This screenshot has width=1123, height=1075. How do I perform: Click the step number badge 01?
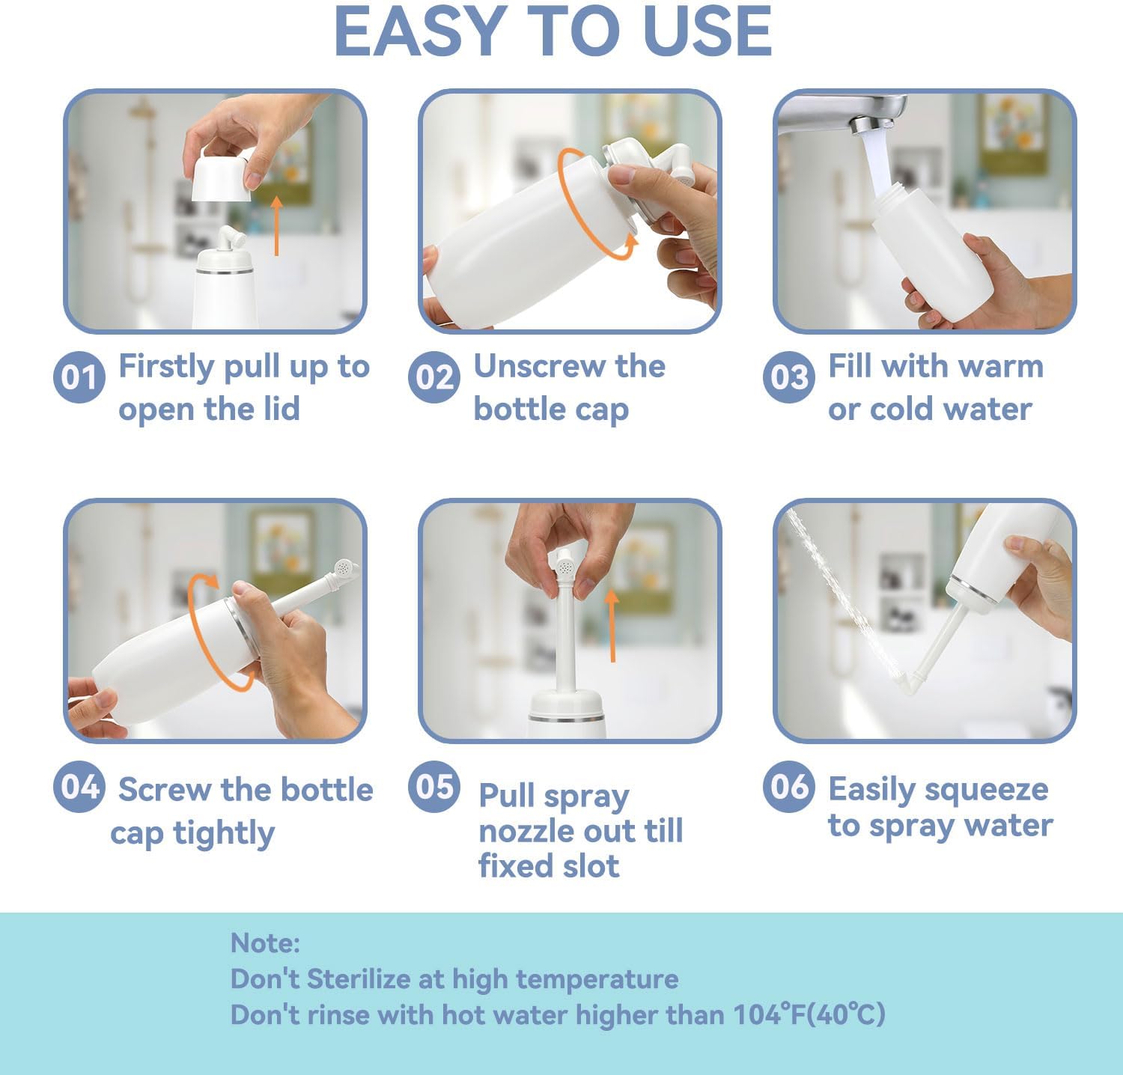79,377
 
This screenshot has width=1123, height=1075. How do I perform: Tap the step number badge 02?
433,377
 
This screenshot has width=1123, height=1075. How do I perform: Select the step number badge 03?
788,377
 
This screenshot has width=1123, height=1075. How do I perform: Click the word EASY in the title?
416,31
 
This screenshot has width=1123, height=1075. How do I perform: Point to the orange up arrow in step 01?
277,225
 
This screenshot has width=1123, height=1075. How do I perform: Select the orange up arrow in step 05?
612,625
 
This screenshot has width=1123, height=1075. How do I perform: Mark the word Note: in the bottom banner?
265,943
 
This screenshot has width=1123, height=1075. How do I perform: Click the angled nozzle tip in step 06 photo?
910,683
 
